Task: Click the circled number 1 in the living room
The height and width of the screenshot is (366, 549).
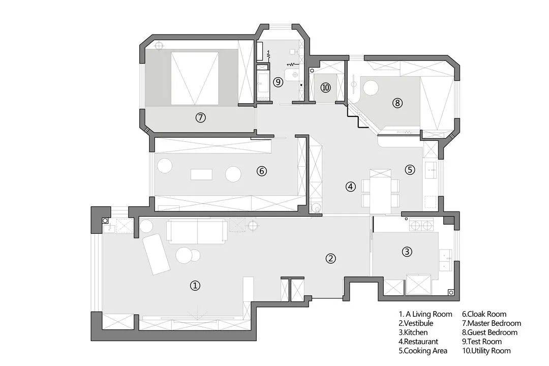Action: click(195, 286)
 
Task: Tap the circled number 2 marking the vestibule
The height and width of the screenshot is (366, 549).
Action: click(330, 258)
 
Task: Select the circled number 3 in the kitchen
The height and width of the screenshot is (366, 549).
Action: click(407, 252)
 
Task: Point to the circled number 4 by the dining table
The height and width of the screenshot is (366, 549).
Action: click(350, 187)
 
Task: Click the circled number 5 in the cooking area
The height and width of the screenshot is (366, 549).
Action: click(410, 170)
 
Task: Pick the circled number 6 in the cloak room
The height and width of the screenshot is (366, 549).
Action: click(262, 171)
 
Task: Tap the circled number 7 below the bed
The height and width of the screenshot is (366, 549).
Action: click(200, 117)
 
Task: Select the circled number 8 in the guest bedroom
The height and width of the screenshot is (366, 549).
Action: click(397, 103)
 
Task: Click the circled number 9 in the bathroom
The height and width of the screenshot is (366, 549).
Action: click(278, 82)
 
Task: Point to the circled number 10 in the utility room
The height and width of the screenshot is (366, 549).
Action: click(326, 87)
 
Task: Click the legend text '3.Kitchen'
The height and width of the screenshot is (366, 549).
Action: click(413, 332)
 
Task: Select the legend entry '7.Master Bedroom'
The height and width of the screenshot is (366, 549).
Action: click(492, 323)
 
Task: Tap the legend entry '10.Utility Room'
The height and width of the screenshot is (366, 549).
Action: click(486, 351)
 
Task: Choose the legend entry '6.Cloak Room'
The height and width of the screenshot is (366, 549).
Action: click(484, 314)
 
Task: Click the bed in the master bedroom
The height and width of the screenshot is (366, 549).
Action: click(195, 78)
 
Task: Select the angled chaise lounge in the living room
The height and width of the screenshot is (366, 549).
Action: click(156, 254)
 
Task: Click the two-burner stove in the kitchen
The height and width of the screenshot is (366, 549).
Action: click(421, 226)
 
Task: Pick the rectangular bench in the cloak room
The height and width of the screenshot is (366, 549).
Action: click(201, 174)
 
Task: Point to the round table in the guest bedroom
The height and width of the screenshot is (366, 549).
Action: click(371, 87)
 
